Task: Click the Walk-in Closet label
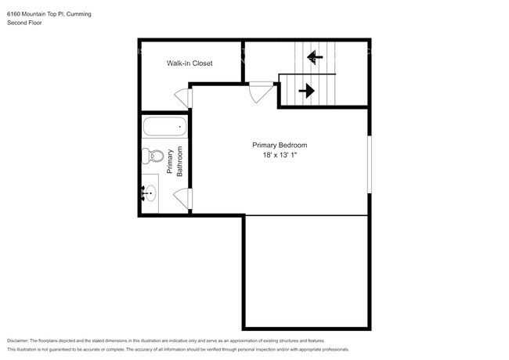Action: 190,63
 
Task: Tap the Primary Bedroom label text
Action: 279,146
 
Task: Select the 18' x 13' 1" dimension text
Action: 279,157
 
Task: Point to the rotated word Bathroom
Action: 179,161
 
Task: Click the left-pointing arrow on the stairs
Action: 314,56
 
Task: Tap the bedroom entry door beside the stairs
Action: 258,92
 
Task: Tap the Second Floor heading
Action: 24,23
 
